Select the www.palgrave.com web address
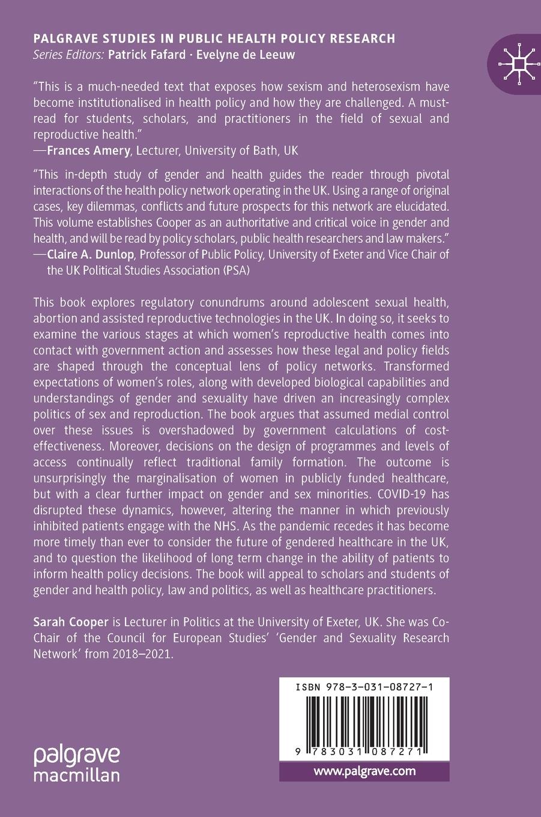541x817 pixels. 364,771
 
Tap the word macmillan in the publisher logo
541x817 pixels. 77,774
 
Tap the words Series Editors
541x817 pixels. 69,55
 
